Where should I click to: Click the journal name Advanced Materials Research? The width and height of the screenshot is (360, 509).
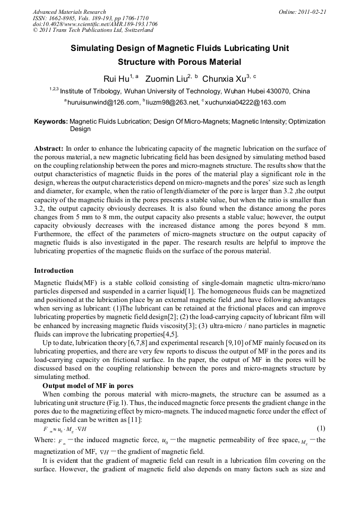click(70, 12)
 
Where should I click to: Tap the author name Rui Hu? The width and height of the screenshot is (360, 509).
click(116, 79)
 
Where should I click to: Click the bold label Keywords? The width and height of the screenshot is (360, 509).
click(51, 122)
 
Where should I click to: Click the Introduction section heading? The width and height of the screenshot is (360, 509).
click(54, 270)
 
